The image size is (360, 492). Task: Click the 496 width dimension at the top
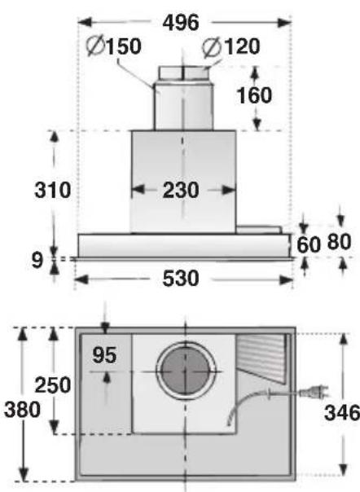point(181,23)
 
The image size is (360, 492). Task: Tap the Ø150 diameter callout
point(114,46)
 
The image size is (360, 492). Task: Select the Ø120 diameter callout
point(231,46)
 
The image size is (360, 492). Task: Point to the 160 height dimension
point(254,95)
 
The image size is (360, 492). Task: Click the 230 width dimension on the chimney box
point(181,190)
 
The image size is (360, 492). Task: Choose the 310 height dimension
point(52,190)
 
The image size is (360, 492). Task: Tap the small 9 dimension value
point(37,260)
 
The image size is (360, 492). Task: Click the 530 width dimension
point(181,279)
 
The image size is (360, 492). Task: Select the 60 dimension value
point(308,244)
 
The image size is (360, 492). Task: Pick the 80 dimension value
point(339,242)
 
